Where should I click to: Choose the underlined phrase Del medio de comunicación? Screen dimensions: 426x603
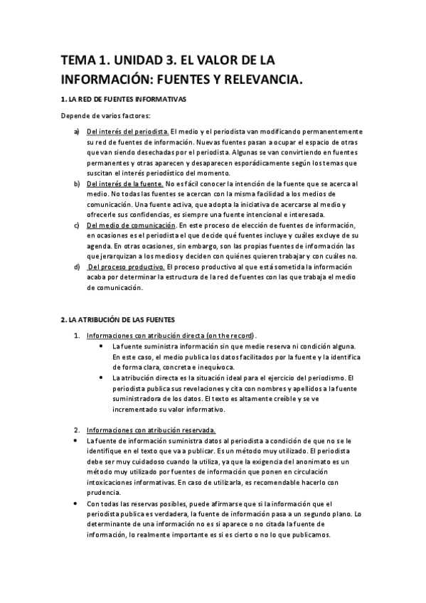tap(130, 225)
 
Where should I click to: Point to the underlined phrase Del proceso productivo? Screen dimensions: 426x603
tap(126, 267)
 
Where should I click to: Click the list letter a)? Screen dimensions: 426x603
tap(76, 132)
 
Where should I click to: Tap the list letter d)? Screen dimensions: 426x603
tap(76, 267)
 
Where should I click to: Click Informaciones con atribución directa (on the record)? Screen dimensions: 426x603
tap(171, 336)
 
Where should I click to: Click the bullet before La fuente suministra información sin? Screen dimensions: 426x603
tap(104, 346)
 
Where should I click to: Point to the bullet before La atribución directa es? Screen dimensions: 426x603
tap(104, 378)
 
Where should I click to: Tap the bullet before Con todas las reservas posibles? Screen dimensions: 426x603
tap(77, 503)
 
